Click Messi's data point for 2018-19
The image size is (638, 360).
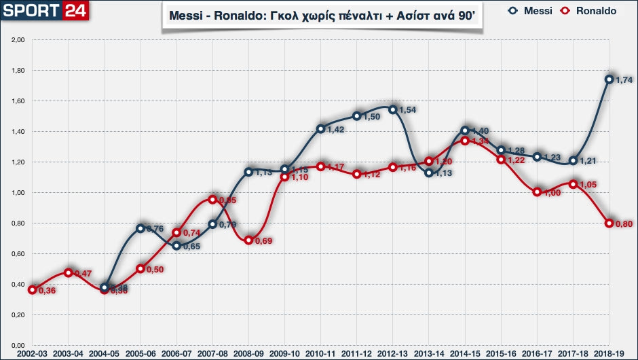click(609, 79)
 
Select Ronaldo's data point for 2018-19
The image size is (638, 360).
click(609, 223)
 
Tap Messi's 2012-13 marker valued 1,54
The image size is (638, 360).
click(392, 109)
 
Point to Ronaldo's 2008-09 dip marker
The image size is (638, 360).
click(248, 240)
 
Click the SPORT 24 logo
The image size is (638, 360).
click(41, 12)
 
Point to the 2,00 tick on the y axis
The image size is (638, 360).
click(18, 40)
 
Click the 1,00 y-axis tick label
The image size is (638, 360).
click(18, 193)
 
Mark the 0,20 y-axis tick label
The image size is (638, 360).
click(18, 315)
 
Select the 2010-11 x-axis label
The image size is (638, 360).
click(320, 354)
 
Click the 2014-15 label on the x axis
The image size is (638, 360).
click(465, 354)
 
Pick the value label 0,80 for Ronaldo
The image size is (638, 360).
click(624, 224)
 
